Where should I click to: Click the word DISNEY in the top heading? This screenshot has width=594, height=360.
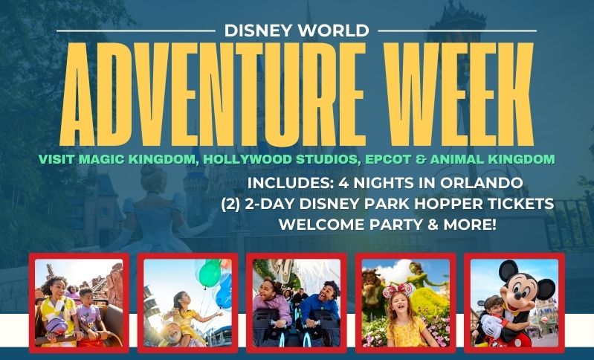pos(256,30)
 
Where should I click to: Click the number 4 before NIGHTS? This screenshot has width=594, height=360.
pos(343,183)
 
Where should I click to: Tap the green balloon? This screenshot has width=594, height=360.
pos(210,273)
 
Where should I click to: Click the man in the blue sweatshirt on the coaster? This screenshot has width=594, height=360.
pos(321,307)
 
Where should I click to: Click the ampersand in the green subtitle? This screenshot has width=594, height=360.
pos(421,159)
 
